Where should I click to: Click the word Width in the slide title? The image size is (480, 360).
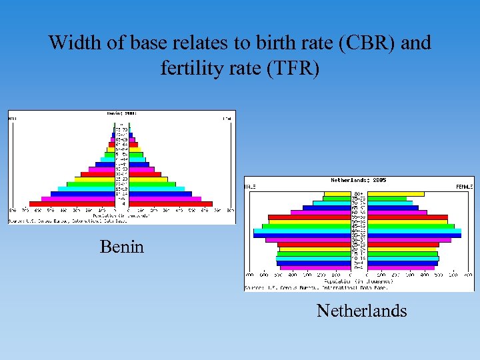tap(69, 43)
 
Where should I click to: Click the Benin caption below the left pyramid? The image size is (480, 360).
tap(121, 247)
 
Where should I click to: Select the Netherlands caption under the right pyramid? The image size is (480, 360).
tap(361, 311)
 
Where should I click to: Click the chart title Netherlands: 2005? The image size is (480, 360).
tap(359, 181)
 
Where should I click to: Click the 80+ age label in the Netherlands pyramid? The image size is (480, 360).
tap(359, 194)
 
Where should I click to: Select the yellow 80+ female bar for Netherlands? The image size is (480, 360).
tap(396, 194)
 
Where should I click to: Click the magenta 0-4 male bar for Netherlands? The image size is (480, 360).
tap(315, 268)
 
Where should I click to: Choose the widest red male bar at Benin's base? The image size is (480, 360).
tap(73, 204)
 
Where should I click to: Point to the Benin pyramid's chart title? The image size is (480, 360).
tap(121, 114)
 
